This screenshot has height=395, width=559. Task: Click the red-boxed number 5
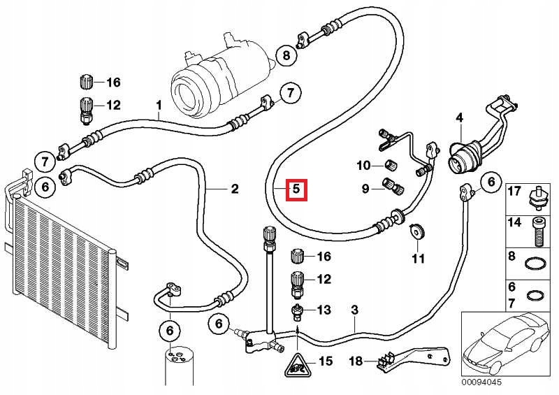tap(296, 189)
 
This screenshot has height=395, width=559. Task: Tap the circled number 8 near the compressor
tap(286, 55)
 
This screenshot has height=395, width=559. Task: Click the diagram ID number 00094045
tap(481, 382)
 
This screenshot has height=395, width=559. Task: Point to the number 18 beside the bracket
tap(356, 361)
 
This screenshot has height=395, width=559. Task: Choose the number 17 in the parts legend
tap(514, 191)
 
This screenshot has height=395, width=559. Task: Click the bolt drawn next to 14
tap(539, 232)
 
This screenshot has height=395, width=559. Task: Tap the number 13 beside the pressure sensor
tap(324, 310)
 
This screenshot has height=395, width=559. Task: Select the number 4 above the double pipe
tap(460, 117)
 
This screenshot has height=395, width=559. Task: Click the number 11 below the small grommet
tap(418, 259)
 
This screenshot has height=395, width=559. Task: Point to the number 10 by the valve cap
tap(364, 165)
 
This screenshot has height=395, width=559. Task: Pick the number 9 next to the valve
tap(365, 188)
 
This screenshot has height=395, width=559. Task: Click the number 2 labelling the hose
tap(235, 188)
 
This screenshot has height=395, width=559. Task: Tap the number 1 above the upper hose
tap(159, 105)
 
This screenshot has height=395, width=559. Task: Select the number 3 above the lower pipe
tap(354, 310)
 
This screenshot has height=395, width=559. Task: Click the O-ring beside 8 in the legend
tap(536, 264)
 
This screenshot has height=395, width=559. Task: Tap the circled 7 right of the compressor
tap(290, 94)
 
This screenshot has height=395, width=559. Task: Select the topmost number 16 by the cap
tap(114, 82)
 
